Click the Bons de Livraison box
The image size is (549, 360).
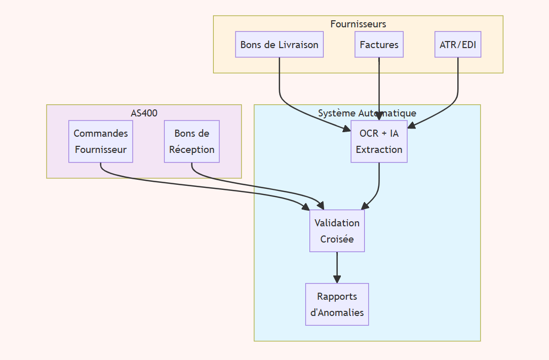tap(279, 45)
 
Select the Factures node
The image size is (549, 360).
tap(379, 45)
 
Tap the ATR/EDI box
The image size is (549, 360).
tap(458, 45)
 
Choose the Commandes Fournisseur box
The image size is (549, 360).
tap(100, 141)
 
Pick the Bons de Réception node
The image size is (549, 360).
tap(191, 141)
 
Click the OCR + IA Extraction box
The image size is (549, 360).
tap(379, 141)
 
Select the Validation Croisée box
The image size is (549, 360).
tap(337, 231)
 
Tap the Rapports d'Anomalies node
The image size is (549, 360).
tap(337, 304)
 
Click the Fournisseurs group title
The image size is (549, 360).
tap(358, 24)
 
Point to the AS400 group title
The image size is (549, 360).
tap(144, 113)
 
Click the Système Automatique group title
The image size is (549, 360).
tap(367, 113)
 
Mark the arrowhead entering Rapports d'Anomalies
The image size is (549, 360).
tap(337, 279)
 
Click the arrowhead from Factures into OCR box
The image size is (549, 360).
tap(379, 116)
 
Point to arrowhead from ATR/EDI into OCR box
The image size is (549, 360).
tap(412, 125)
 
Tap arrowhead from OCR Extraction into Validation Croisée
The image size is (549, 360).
tap(365, 206)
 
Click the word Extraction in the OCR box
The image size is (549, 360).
tap(379, 149)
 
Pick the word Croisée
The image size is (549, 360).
tap(337, 239)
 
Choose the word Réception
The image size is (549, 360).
tap(191, 149)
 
